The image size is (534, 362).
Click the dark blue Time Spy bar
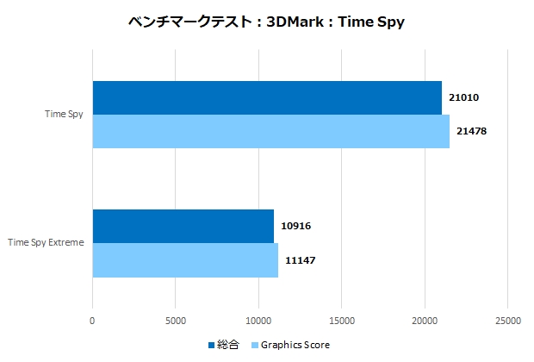[267, 97]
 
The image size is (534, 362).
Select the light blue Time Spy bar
[270, 131]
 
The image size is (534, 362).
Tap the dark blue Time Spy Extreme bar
[183, 226]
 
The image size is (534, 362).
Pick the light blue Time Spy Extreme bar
[185, 260]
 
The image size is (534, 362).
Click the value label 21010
[463, 97]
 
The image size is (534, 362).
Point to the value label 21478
[471, 131]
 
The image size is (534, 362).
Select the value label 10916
[295, 226]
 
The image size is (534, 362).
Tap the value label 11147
[300, 259]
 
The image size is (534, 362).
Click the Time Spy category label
[65, 114]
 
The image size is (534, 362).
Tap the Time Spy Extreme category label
[46, 243]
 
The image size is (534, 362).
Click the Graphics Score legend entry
[294, 346]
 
